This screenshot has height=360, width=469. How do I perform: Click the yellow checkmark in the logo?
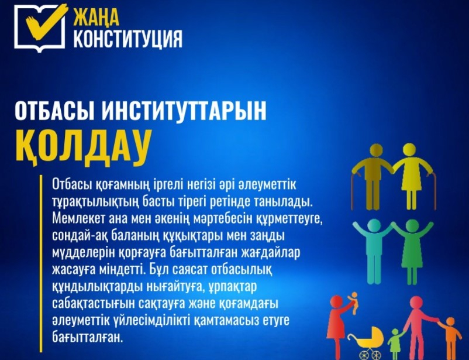coord(45,22)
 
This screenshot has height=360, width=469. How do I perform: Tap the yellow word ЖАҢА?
coord(96,18)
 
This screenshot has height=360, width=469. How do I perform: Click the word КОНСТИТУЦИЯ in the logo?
coord(127,39)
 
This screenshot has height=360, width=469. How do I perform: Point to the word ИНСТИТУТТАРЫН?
coord(184,110)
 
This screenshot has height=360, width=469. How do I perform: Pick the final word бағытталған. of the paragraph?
coord(87,338)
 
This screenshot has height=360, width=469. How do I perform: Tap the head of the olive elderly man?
coord(376,150)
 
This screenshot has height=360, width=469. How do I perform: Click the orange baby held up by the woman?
coord(353,303)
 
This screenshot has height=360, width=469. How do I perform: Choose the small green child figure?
coord(395,344)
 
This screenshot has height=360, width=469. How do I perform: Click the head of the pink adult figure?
coord(416,303)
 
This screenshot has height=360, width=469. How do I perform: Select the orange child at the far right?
coord(450,338)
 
